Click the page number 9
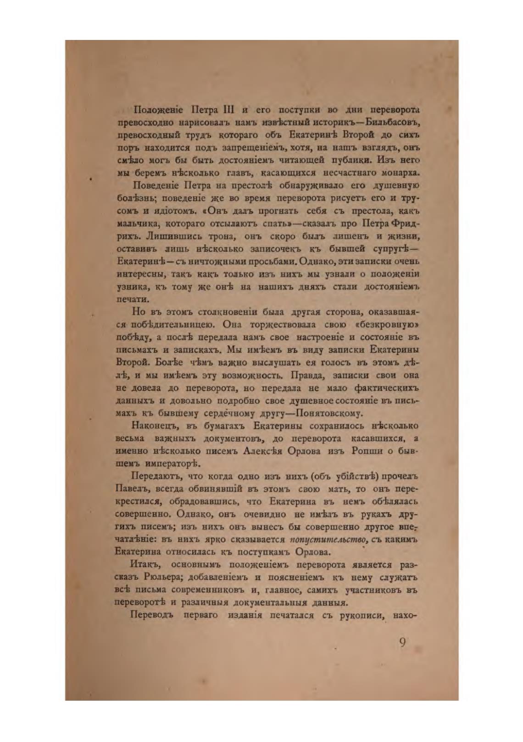tap(402, 643)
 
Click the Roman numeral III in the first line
tap(228, 110)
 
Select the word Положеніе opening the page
tap(157, 110)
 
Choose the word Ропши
tap(367, 451)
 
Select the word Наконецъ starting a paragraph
tap(155, 426)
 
